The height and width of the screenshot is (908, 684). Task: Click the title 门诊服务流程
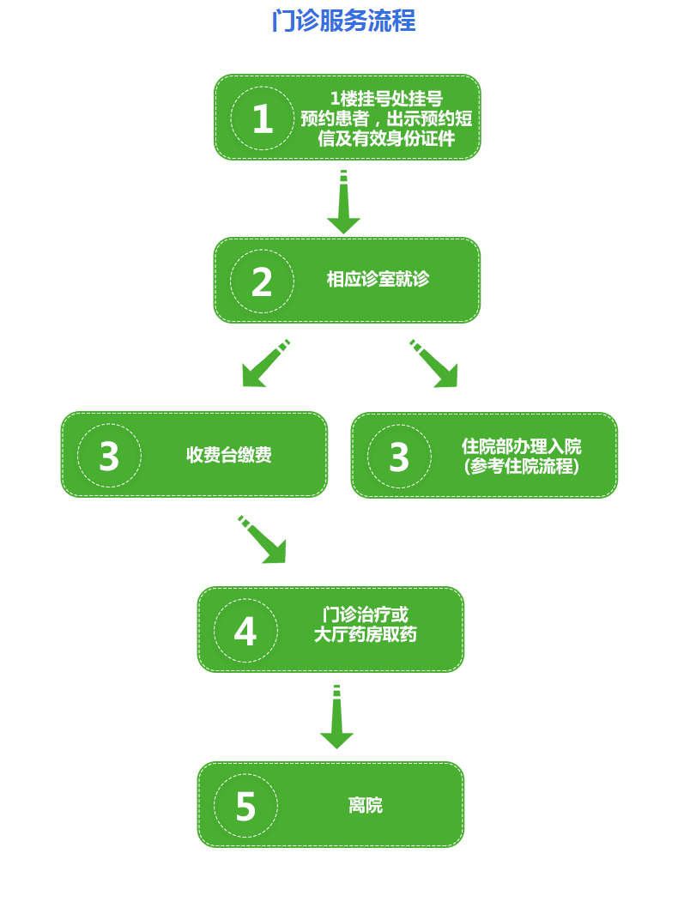(343, 21)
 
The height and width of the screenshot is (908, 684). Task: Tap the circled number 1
(263, 118)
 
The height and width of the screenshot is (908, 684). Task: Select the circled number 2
(262, 281)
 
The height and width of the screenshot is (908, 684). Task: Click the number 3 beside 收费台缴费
(109, 457)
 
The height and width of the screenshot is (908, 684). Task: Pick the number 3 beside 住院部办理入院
(399, 457)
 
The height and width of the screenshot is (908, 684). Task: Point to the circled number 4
(245, 631)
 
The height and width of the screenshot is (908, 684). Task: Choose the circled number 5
(245, 806)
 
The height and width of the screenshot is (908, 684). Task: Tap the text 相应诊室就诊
(378, 280)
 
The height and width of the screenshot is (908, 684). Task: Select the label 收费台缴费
(229, 455)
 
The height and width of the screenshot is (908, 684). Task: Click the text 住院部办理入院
(521, 446)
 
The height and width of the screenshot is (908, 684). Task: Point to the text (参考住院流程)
(521, 467)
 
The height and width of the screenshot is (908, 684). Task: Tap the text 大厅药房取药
(366, 636)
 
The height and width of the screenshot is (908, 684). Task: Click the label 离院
(366, 806)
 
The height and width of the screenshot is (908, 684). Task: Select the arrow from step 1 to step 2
(343, 204)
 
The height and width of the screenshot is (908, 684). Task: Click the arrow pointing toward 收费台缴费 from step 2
(263, 364)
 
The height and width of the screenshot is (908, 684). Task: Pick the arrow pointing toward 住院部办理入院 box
(435, 364)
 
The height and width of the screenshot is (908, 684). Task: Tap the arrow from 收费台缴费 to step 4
(263, 541)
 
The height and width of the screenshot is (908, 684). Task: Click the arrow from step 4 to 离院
(336, 719)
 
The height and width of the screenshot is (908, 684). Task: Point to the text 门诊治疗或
(366, 615)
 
